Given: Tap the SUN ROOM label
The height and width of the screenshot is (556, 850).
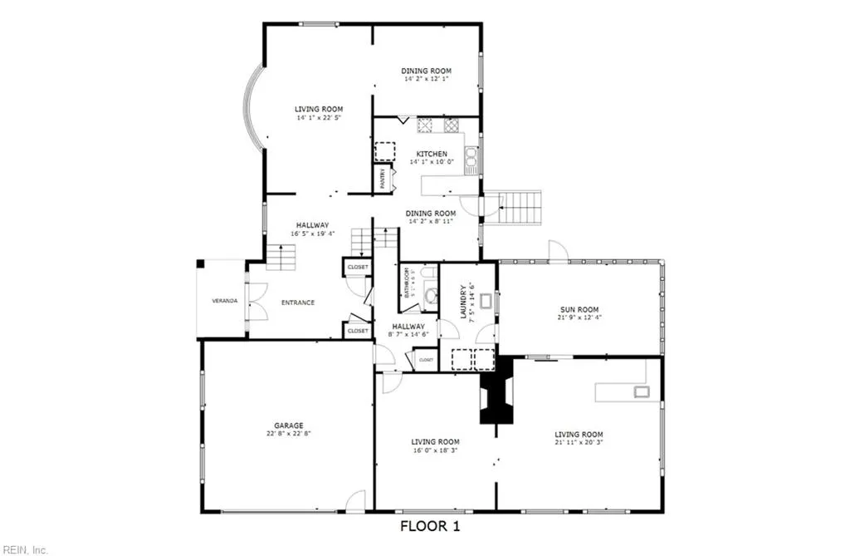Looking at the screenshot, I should click(579, 309).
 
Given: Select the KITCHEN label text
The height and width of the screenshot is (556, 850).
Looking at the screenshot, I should click(432, 154).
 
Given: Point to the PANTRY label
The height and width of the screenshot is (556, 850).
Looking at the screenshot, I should click(383, 180).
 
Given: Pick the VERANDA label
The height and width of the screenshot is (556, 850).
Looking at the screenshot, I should click(225, 300).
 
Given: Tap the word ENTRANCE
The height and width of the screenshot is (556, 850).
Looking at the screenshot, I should click(297, 303).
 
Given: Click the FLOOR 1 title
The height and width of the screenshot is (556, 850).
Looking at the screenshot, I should click(430, 526).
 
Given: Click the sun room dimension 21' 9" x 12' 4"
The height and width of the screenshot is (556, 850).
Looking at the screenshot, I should click(579, 317).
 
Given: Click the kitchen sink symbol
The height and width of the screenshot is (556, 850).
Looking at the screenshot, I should click(471, 156).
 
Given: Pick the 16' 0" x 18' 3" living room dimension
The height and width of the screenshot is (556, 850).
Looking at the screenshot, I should click(435, 450).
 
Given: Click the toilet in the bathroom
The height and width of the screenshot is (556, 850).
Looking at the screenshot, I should click(430, 293).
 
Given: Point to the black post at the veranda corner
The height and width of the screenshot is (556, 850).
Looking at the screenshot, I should click(200, 264).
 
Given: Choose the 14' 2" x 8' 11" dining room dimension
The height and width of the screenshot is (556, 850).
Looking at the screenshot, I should click(431, 222).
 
